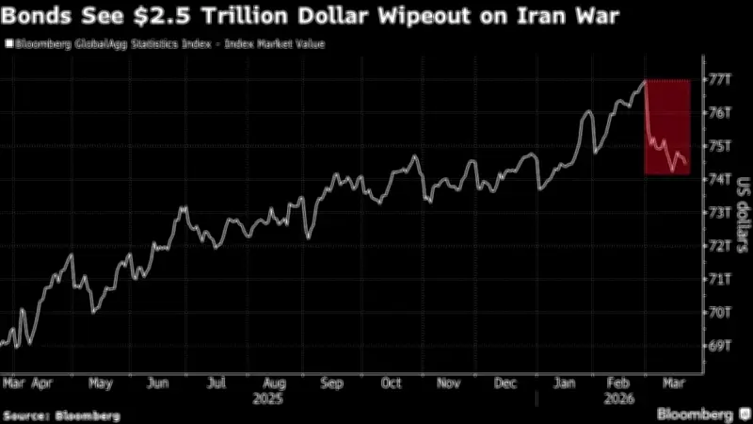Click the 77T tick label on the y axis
(x=719, y=79)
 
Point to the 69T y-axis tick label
(x=719, y=345)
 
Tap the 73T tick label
(x=719, y=212)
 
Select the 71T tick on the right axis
(x=719, y=279)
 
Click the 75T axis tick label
(x=719, y=146)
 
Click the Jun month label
(x=158, y=383)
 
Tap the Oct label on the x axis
(x=392, y=383)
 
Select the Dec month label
(x=506, y=383)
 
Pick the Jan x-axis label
(x=566, y=383)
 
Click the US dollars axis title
(x=742, y=212)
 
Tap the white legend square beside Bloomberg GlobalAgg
(x=8, y=43)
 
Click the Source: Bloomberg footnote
(x=62, y=415)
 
